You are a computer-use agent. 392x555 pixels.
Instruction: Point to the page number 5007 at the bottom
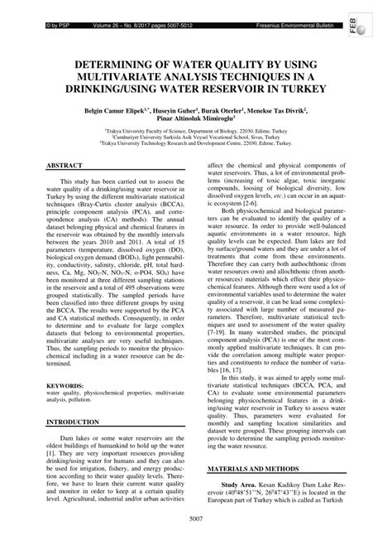click(x=196, y=543)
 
